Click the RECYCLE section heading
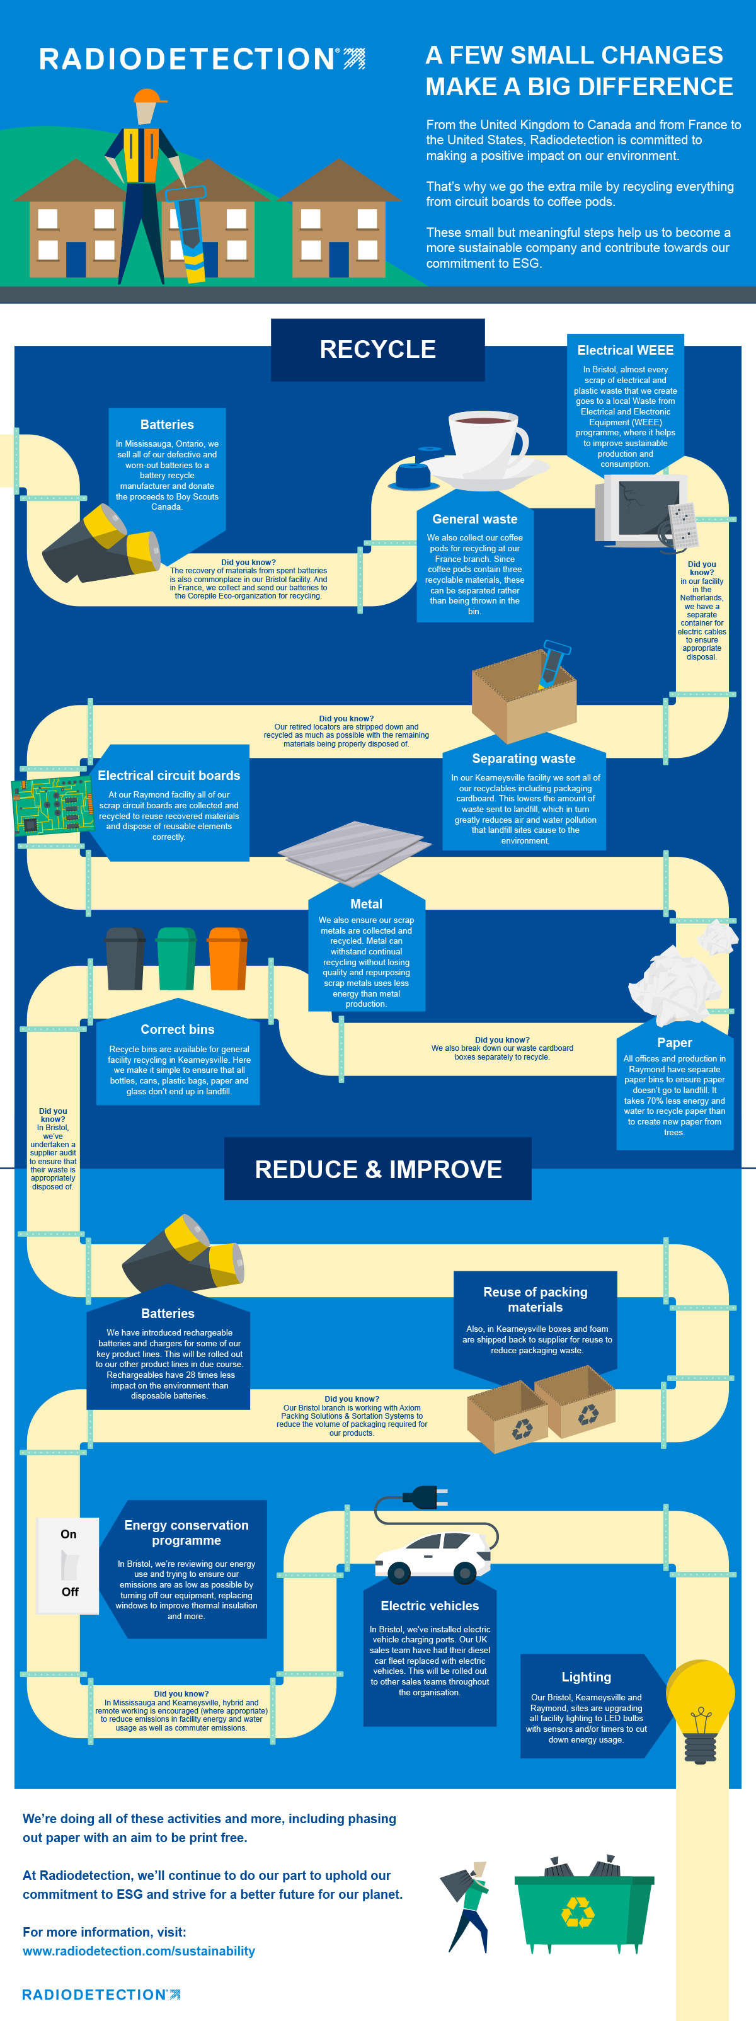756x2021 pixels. click(x=377, y=349)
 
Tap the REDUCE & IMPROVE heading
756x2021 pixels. click(x=378, y=1169)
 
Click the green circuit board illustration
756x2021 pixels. click(x=49, y=806)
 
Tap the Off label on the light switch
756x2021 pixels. click(x=70, y=1591)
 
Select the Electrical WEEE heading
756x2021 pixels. click(x=625, y=350)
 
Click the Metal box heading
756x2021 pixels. click(x=366, y=904)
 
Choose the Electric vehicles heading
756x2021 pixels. click(x=430, y=1605)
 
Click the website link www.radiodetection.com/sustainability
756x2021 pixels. click(x=139, y=1950)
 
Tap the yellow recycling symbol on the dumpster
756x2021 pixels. click(x=578, y=1911)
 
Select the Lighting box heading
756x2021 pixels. click(x=586, y=1676)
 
